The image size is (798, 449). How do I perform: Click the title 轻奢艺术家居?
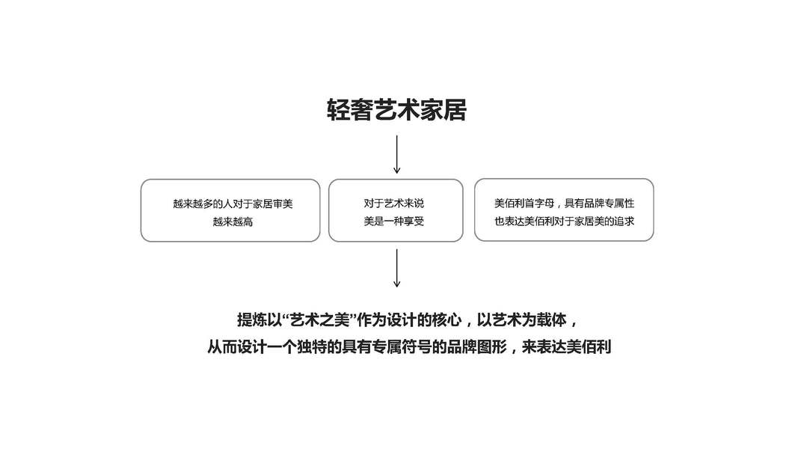[396, 111]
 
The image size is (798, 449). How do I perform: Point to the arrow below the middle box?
[396, 268]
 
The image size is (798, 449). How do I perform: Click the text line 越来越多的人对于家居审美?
[232, 204]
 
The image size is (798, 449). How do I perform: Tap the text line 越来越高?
[232, 222]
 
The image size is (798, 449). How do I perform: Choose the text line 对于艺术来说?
[396, 204]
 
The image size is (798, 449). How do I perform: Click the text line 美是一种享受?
[396, 222]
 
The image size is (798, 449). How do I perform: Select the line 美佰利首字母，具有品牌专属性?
[564, 203]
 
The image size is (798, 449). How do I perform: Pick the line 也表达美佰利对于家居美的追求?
[564, 221]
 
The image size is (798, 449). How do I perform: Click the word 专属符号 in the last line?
[402, 347]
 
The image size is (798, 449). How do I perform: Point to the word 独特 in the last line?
[313, 347]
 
